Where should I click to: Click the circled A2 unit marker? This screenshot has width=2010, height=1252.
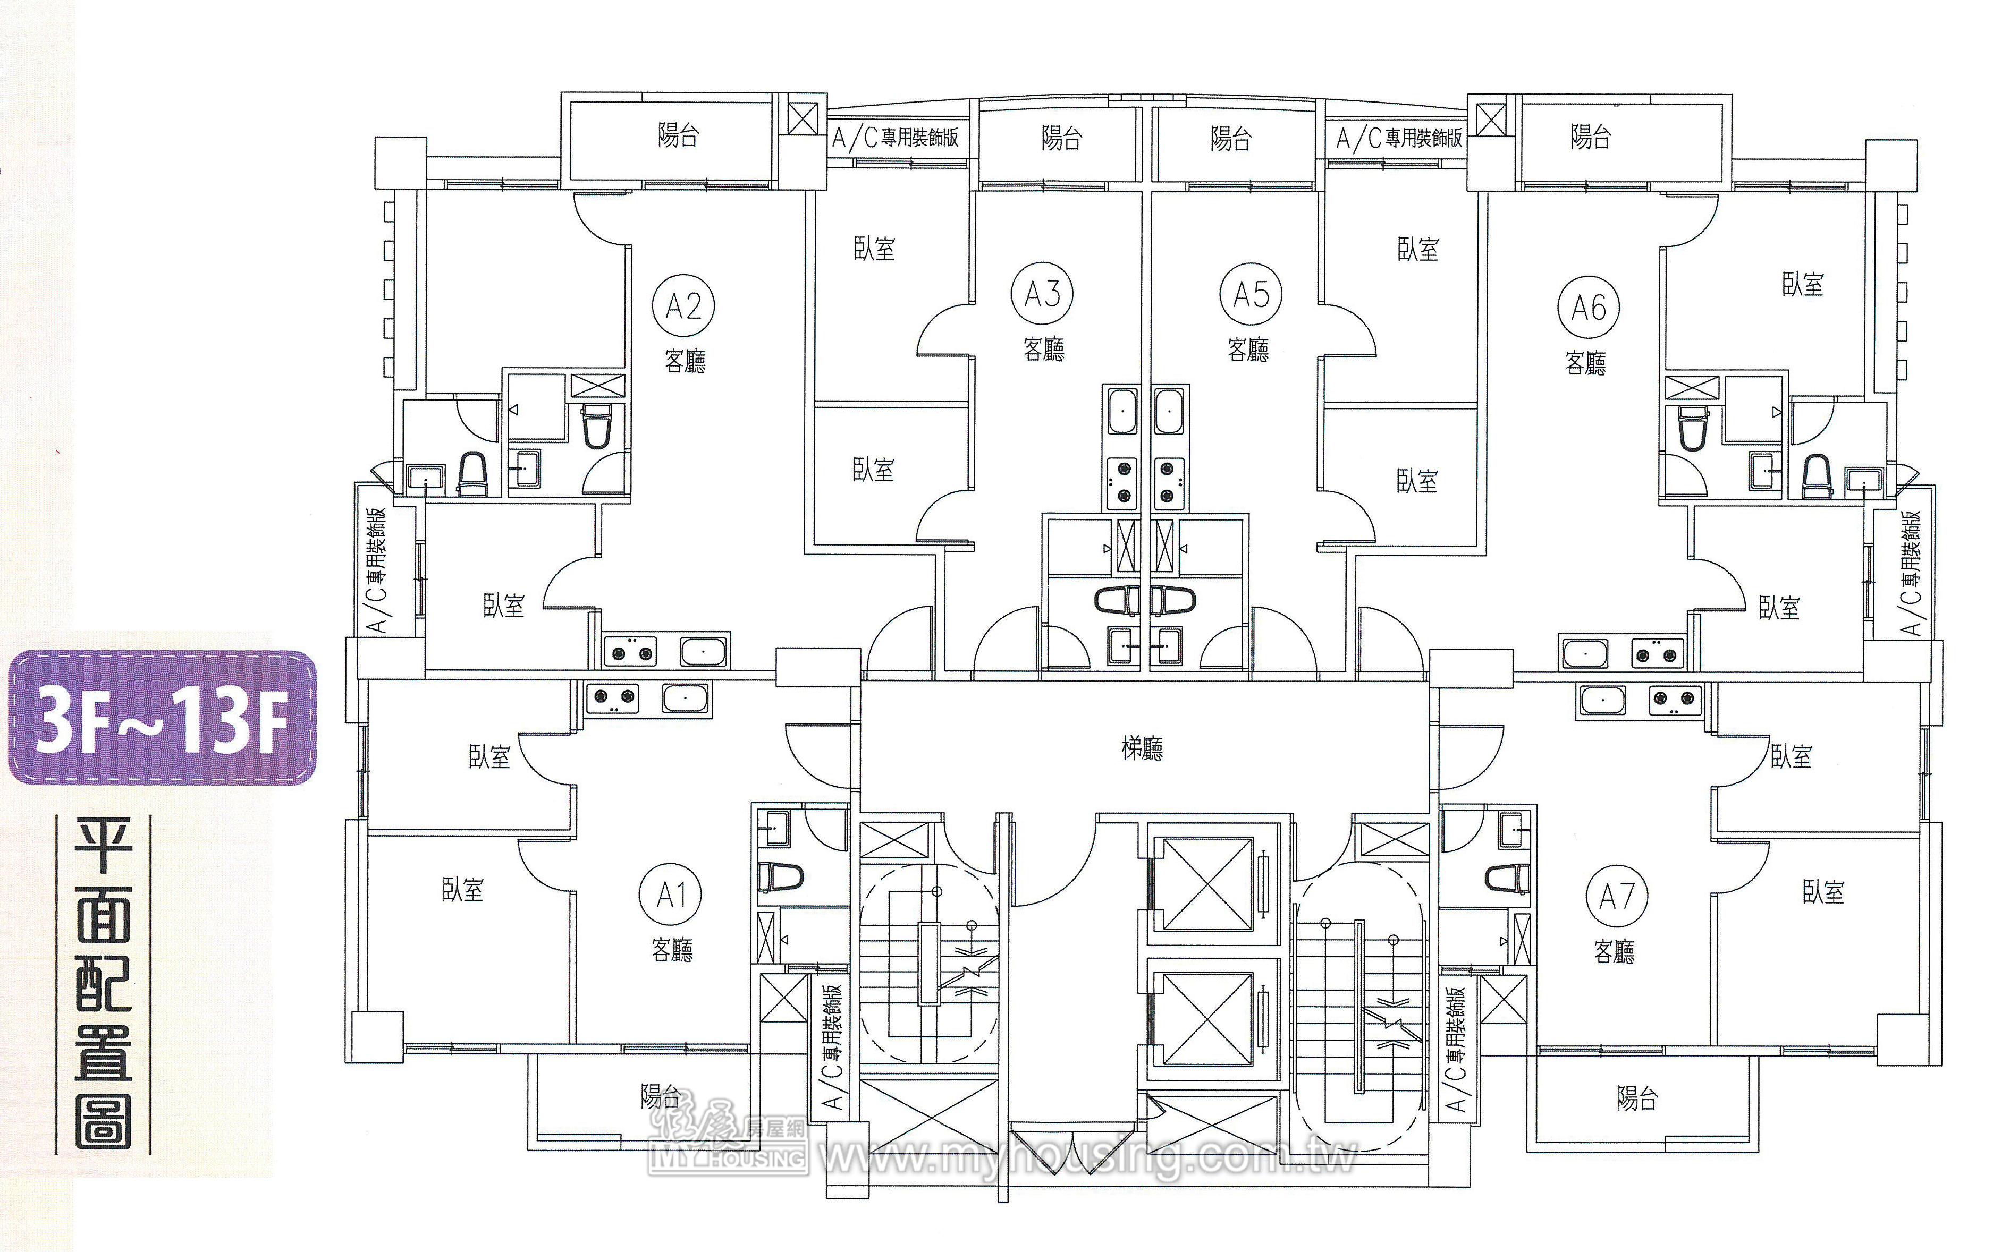pos(683,306)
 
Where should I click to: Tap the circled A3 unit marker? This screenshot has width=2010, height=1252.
pos(1042,293)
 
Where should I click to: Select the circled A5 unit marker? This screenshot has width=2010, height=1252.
pos(1250,294)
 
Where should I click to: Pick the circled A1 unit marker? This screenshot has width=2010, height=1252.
pos(670,895)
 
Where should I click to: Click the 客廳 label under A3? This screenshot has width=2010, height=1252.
pos(1044,350)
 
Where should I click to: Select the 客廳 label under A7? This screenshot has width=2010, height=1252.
pos(1615,951)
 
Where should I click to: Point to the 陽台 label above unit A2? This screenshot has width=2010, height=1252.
pos(678,135)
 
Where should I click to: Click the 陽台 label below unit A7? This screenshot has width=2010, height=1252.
pos(1637,1099)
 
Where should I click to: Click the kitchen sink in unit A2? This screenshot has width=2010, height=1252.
pos(704,652)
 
